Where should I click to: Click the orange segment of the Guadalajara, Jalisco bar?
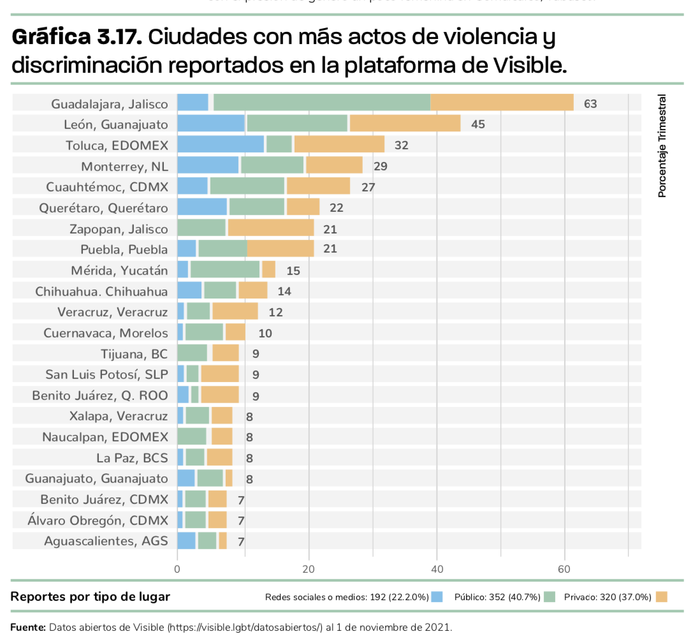coord(502,103)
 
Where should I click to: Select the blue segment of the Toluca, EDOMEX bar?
coord(220,144)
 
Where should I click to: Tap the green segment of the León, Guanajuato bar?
coord(297,124)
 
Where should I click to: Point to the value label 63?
coord(590,103)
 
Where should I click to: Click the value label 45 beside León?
coord(478,124)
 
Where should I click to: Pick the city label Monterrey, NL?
coord(124,166)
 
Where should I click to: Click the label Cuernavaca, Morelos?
coord(106,333)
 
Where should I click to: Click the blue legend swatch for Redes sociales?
coord(437,597)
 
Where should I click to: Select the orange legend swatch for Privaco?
coord(661,597)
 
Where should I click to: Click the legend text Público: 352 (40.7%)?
coord(497,597)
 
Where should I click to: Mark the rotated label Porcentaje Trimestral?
coord(662,146)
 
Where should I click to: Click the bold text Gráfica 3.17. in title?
coord(77,38)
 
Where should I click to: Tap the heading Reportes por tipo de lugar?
coord(91,597)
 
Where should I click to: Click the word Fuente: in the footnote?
coord(28,627)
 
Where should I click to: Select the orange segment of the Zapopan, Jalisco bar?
coord(270,228)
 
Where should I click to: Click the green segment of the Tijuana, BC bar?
coord(192,353)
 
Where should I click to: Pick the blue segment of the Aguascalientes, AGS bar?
coord(186,541)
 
